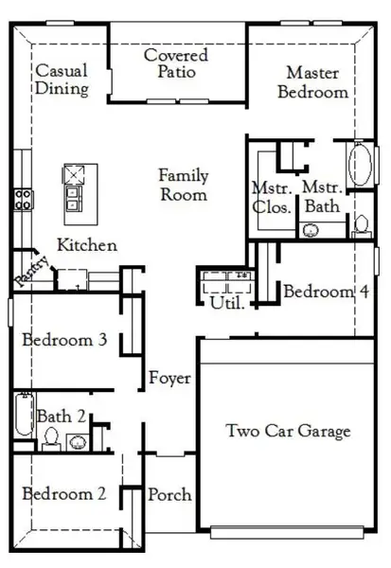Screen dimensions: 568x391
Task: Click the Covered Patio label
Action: pos(176,63)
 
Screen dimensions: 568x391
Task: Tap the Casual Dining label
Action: pos(62,80)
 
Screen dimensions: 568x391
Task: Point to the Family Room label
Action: pos(183,186)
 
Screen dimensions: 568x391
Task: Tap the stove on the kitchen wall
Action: pos(23,199)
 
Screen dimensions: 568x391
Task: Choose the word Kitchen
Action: pos(87,245)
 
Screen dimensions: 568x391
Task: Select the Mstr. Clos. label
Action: pos(270,196)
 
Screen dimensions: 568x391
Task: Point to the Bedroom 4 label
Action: pos(325,292)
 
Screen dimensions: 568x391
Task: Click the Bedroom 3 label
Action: pos(63,340)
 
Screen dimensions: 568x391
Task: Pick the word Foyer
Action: pos(169,379)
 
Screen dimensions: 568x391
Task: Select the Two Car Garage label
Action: pos(287,432)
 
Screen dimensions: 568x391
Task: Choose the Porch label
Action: pos(169,494)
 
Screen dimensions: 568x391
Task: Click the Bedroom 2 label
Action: pos(63,493)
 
